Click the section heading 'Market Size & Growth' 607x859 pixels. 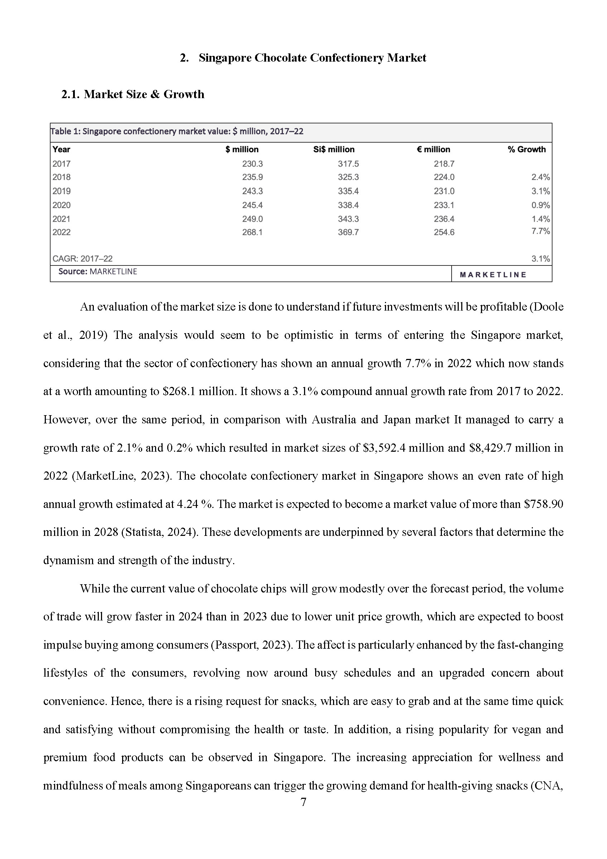pyautogui.click(x=144, y=94)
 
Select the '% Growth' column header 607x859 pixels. pyautogui.click(x=526, y=149)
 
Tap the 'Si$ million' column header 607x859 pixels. pyautogui.click(x=334, y=149)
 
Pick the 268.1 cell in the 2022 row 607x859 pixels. pyautogui.click(x=252, y=232)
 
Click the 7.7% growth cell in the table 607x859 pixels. pyautogui.click(x=540, y=231)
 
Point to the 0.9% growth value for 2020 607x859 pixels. pyautogui.click(x=540, y=205)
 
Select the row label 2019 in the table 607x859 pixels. pyautogui.click(x=61, y=191)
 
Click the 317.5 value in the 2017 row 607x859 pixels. pyautogui.click(x=348, y=164)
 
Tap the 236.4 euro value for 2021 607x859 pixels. pyautogui.click(x=444, y=219)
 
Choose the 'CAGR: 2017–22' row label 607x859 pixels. pyautogui.click(x=82, y=259)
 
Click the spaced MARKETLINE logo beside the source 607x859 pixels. pyautogui.click(x=492, y=275)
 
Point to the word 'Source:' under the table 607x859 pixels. pyautogui.click(x=73, y=271)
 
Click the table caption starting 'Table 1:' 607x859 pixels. pyautogui.click(x=177, y=131)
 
